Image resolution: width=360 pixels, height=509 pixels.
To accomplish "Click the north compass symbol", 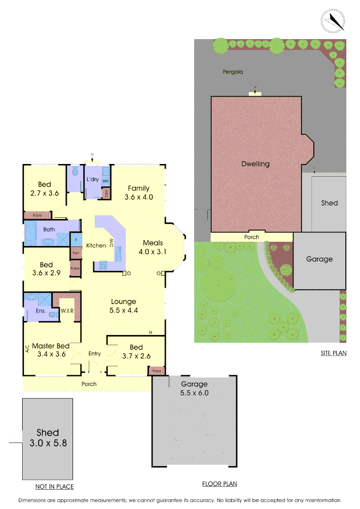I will (333, 21).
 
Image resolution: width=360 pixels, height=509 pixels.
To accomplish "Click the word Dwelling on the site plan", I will (255, 164).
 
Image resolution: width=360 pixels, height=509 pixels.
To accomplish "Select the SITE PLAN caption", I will (334, 353).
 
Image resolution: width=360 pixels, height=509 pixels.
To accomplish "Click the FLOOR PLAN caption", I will (220, 484).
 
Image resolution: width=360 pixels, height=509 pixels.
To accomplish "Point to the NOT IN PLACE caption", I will (55, 486).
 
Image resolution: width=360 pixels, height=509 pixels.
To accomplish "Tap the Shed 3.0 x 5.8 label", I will (48, 437).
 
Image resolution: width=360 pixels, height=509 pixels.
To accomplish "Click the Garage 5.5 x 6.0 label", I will (194, 388).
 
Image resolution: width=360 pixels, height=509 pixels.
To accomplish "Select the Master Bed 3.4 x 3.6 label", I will (51, 350).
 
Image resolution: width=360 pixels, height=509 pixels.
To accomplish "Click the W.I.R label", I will (66, 311).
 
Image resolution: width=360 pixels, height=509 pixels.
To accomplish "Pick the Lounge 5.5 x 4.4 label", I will (123, 306).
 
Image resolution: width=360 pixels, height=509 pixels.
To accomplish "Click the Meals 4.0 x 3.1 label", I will (153, 247).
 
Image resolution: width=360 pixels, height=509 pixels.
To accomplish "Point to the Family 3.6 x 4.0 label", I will (139, 193).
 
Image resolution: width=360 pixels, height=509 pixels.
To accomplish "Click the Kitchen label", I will (96, 246).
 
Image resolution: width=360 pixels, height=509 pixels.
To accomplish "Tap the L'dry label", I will (92, 180).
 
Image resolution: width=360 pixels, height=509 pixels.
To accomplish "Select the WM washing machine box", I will (106, 181).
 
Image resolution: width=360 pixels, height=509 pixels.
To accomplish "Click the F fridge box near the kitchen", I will (75, 240).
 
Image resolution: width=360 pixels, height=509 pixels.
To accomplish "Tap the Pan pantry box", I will (75, 253).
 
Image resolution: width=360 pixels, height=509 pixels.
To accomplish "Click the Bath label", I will (49, 230).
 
